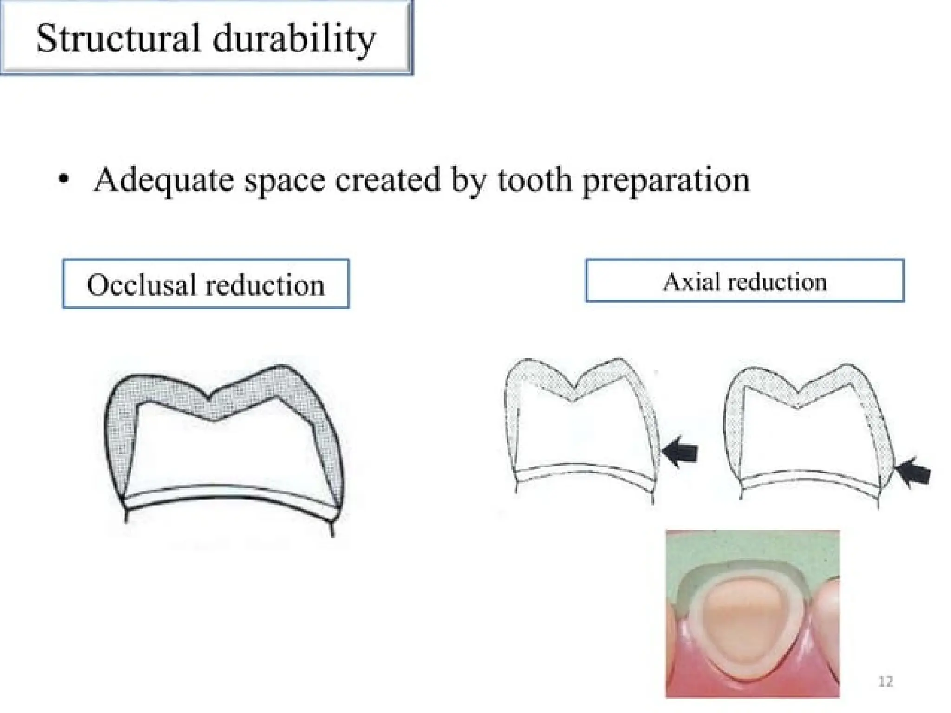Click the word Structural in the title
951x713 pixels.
[118, 38]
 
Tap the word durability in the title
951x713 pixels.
[294, 39]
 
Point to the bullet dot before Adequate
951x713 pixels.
[64, 179]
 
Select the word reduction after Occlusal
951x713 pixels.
[265, 285]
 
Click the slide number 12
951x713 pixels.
[886, 681]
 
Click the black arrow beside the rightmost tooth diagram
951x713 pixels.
[913, 473]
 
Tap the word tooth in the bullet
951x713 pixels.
[534, 180]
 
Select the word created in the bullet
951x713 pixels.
[387, 180]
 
